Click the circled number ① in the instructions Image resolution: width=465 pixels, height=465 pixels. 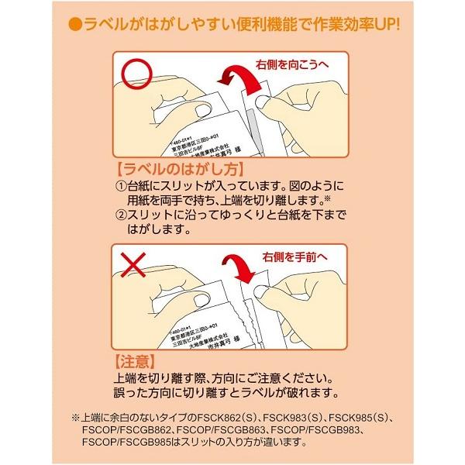(x=121, y=187)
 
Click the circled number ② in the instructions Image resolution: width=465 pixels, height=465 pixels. (x=121, y=215)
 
